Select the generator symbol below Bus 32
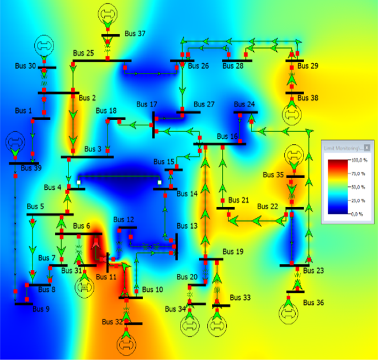[126, 343]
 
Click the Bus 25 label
[83, 53]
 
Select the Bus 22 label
[267, 206]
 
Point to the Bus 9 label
[41, 309]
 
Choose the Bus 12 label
[124, 219]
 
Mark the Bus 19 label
[232, 251]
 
